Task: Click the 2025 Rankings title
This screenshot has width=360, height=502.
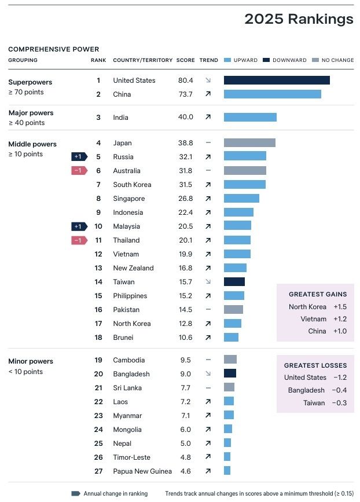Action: tap(299, 19)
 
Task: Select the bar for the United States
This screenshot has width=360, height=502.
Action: tap(277, 80)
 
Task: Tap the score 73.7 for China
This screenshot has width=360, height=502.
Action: tap(185, 94)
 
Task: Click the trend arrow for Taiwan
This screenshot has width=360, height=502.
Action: tap(208, 282)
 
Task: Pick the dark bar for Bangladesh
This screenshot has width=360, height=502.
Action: tap(230, 374)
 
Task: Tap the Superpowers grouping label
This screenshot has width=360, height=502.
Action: tap(30, 82)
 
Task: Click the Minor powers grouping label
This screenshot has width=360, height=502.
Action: tap(31, 362)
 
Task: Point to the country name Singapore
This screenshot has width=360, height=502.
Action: tap(129, 199)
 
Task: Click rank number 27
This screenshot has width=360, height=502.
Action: tap(98, 471)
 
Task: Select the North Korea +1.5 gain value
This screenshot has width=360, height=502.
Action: tap(340, 307)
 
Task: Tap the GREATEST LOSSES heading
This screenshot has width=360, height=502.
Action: tap(315, 366)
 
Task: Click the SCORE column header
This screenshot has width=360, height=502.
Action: tap(186, 60)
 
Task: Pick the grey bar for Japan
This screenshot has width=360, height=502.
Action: tap(249, 143)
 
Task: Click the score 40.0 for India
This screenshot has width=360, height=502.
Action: tap(185, 118)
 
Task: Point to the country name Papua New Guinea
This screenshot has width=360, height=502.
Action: tap(142, 471)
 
